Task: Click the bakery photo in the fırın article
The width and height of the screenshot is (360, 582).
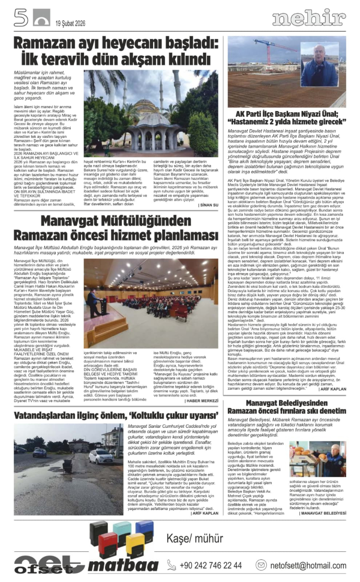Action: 317,459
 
